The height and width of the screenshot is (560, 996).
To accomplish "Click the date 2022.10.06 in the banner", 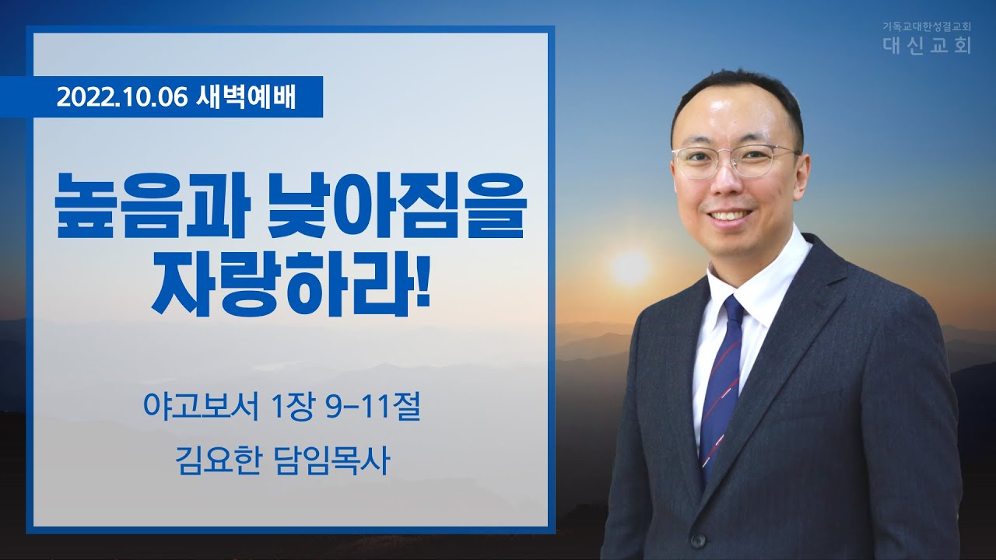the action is tap(121, 97).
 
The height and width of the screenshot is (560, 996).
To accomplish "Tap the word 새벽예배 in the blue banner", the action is tap(246, 97).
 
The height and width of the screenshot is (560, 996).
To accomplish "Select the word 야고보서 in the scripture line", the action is tap(201, 408).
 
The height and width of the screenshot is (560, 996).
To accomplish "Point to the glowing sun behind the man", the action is tap(630, 268).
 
